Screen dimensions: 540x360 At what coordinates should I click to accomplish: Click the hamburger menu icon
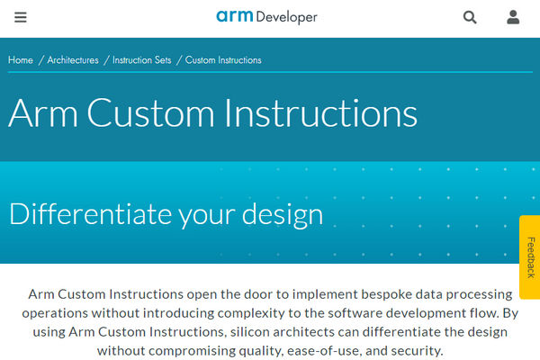21,17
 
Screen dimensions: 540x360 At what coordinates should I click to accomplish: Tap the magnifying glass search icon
470,17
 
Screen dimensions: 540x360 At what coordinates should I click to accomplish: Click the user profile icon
513,17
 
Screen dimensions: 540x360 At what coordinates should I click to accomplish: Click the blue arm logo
235,16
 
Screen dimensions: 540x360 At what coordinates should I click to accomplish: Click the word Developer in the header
286,18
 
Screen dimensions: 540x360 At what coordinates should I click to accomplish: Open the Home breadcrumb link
21,60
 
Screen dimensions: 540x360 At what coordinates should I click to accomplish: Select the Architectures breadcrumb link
73,60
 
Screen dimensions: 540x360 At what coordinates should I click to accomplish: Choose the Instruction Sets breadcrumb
142,60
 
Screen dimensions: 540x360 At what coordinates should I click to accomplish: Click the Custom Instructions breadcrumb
223,60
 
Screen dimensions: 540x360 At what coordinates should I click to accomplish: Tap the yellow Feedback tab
530,257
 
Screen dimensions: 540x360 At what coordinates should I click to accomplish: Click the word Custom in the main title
151,113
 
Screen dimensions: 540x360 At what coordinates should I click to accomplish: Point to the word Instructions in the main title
321,113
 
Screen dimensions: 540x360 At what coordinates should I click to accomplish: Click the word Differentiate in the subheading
91,214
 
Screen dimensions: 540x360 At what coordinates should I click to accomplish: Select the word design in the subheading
283,215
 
